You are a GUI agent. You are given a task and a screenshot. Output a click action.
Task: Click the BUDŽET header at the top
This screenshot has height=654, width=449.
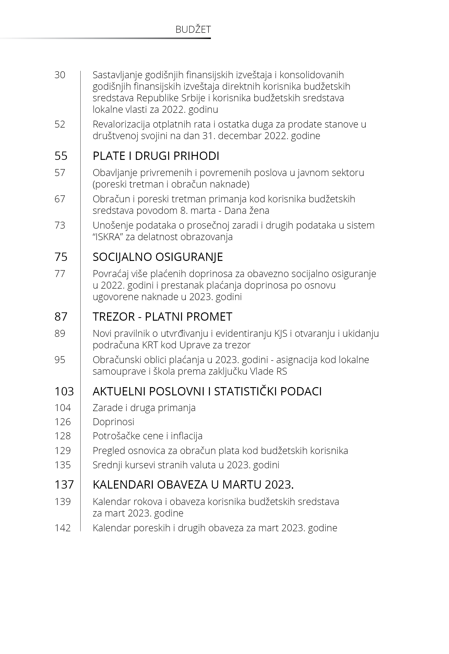click(193, 30)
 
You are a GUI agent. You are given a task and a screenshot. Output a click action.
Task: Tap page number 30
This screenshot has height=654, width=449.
click(60, 75)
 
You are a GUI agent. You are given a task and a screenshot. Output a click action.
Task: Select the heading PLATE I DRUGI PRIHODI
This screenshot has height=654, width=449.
click(156, 156)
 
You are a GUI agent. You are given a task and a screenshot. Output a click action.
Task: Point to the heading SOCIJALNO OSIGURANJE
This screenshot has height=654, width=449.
click(158, 257)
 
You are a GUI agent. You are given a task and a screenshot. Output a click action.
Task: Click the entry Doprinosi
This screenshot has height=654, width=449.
click(113, 422)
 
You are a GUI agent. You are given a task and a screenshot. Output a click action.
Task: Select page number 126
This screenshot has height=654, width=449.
click(63, 422)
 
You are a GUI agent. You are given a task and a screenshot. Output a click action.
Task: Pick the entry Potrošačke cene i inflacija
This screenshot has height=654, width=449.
click(147, 436)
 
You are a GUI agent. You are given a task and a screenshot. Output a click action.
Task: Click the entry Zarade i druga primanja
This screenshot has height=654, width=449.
click(144, 408)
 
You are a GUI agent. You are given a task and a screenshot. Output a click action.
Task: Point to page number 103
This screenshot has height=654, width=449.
click(64, 391)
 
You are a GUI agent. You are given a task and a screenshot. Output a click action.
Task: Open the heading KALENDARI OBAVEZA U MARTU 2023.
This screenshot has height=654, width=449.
click(193, 485)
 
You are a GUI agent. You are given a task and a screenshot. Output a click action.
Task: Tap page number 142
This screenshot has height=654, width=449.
click(63, 528)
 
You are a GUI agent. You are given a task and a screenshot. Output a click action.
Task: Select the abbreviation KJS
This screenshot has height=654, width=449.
click(281, 334)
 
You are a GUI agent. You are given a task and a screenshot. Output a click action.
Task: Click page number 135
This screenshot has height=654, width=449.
click(63, 465)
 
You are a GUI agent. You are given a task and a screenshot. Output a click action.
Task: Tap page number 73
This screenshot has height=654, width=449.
click(60, 225)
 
